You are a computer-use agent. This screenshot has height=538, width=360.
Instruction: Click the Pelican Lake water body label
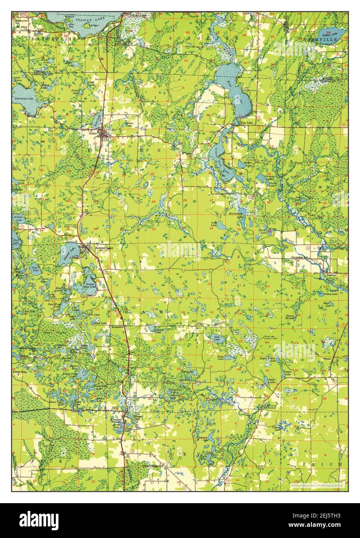(x=88, y=19)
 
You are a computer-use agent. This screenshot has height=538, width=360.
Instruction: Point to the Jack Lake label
(x=217, y=338)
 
